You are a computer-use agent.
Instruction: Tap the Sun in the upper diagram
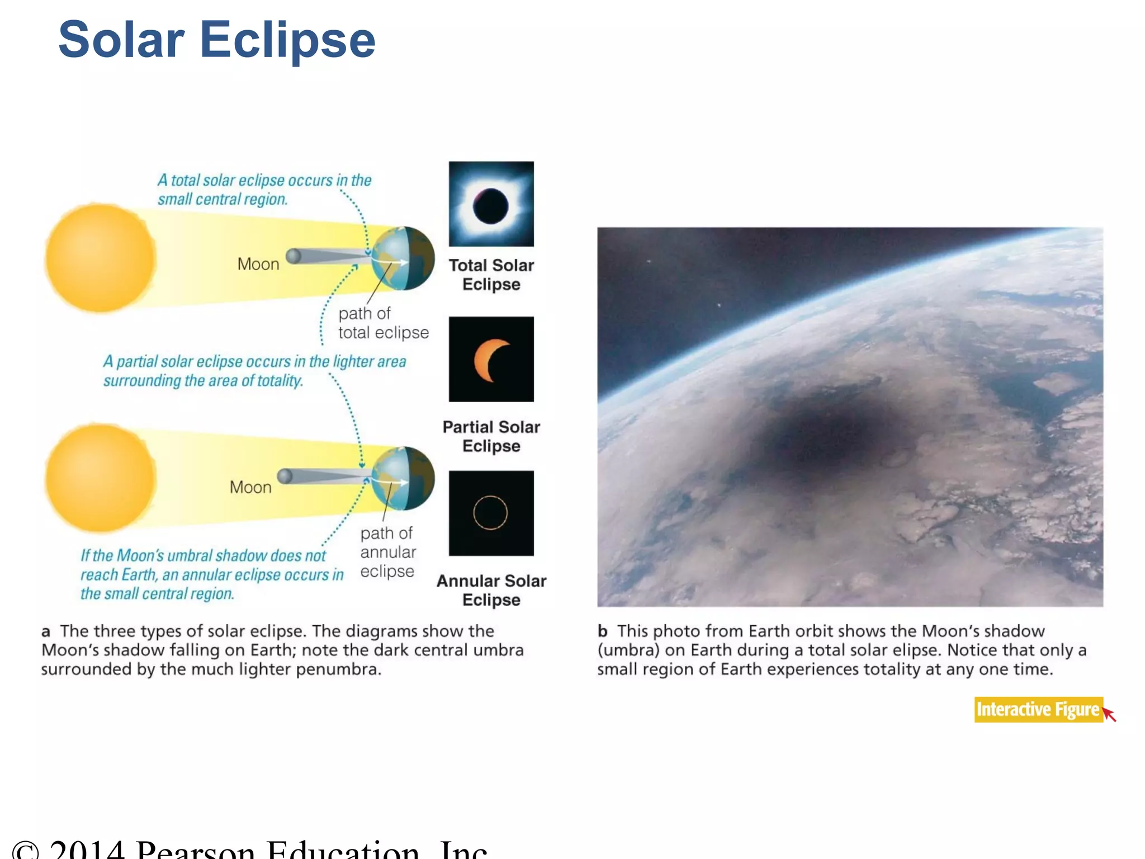coord(100,258)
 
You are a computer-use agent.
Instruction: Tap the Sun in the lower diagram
coord(100,478)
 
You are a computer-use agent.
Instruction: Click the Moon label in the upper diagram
coord(258,264)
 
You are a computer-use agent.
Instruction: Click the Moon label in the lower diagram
coord(250,487)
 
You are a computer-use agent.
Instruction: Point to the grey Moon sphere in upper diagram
coord(293,257)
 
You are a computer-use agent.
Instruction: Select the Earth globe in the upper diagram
coord(403,258)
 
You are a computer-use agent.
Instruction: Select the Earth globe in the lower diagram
coord(403,479)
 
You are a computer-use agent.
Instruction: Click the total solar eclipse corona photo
coord(491,204)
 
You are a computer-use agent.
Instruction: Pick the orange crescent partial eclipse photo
coord(491,360)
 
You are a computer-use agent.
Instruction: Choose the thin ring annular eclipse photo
coord(491,513)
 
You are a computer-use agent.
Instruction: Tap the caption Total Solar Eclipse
coord(491,275)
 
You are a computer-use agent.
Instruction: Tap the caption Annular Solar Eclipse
coord(491,590)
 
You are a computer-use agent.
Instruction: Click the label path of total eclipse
coord(383,323)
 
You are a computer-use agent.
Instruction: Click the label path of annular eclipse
coord(387,552)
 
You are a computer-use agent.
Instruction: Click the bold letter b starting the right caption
coord(602,631)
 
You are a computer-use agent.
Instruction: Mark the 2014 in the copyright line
coord(87,850)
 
